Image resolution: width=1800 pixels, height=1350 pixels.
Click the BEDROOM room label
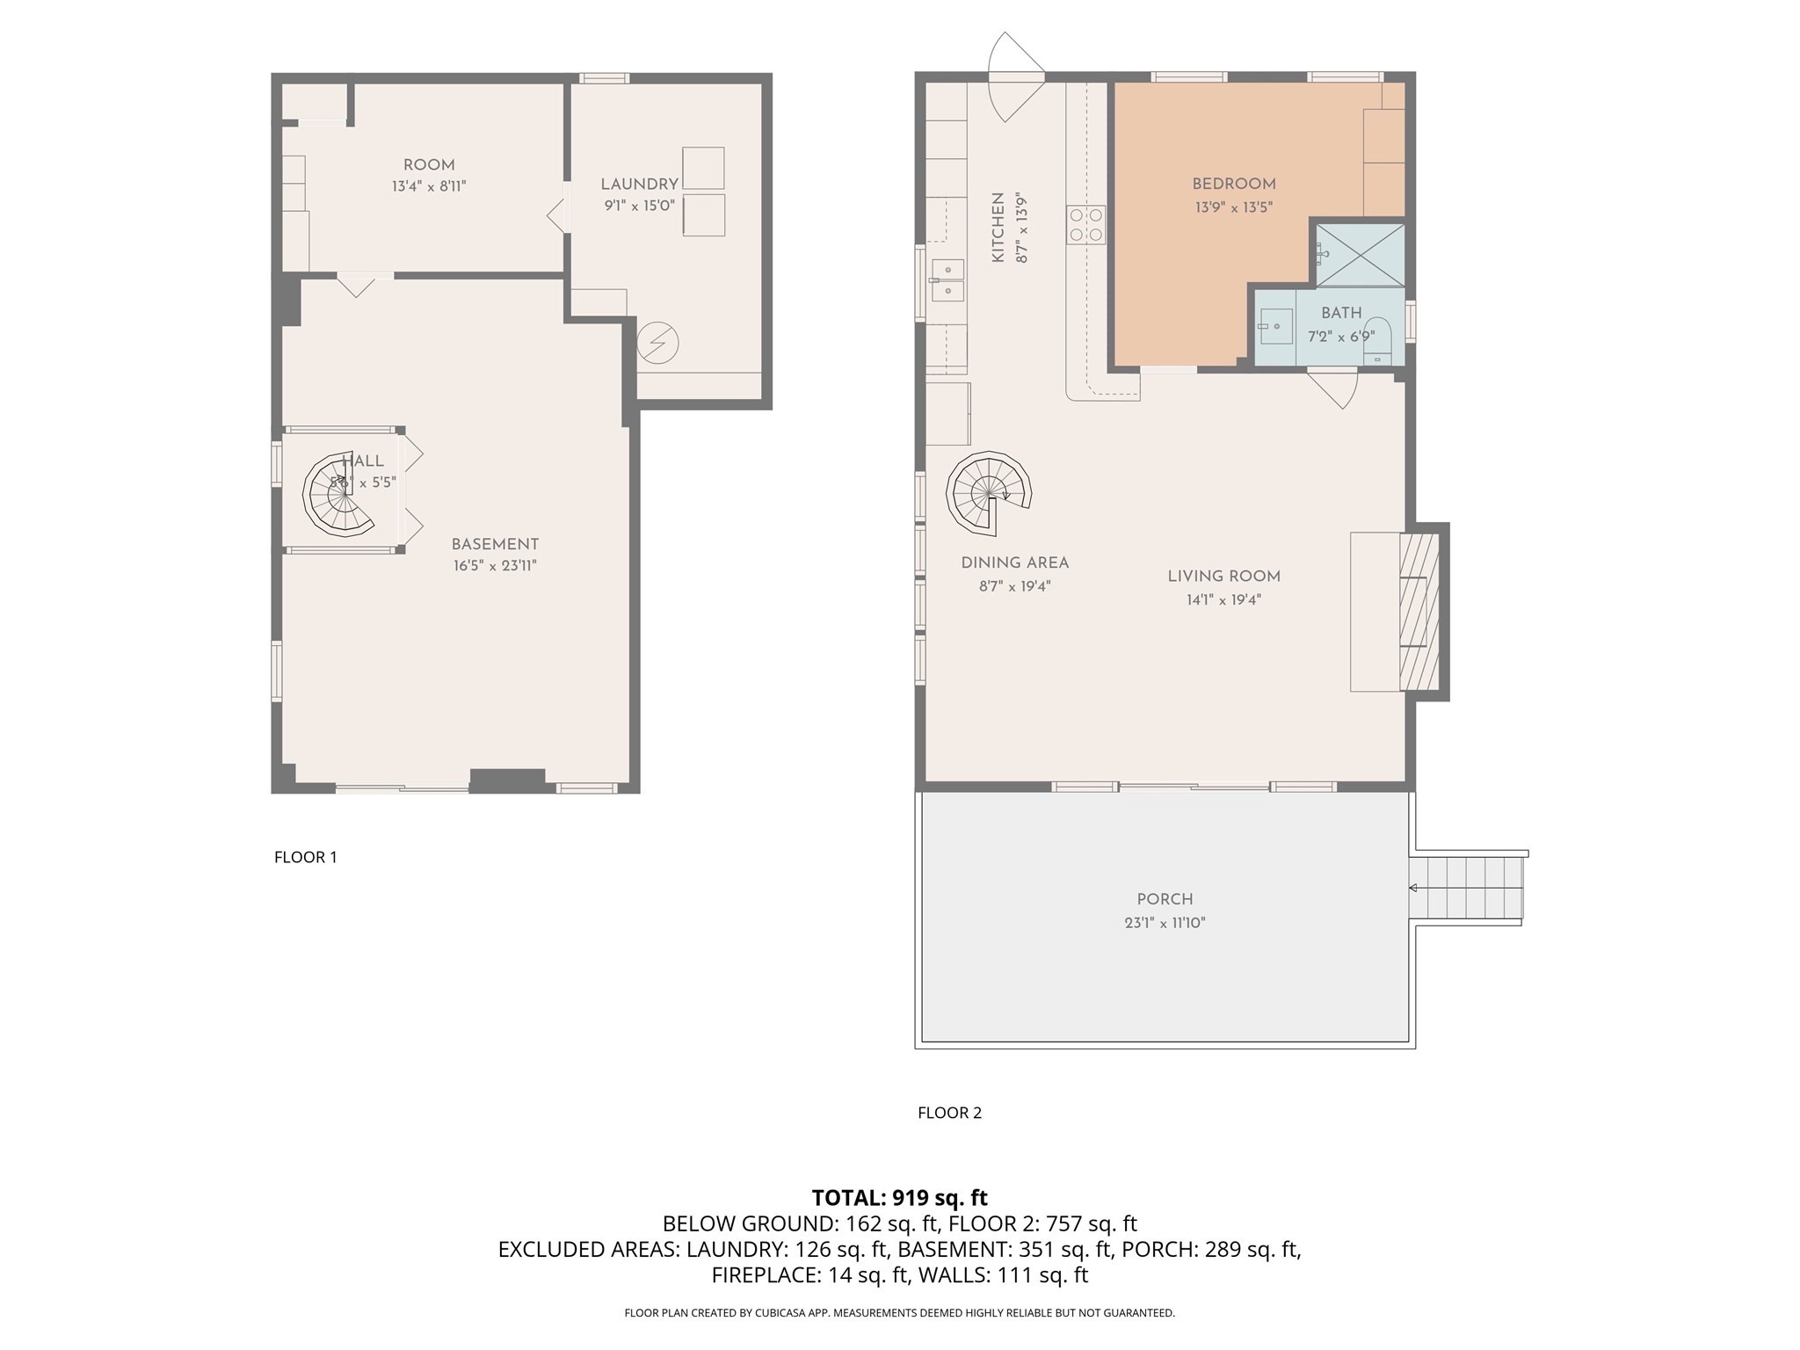click(x=1233, y=185)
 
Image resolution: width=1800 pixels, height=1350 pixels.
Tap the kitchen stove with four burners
click(x=1086, y=225)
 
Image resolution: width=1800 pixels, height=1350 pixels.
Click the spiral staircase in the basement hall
click(x=338, y=497)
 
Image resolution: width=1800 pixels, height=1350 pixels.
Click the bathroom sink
click(x=1274, y=326)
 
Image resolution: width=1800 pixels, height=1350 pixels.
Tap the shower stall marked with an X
click(x=1360, y=255)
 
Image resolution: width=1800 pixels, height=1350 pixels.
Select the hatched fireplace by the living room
click(x=1419, y=612)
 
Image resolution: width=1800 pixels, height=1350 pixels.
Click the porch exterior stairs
click(x=1468, y=888)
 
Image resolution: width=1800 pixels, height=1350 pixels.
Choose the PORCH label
click(x=1165, y=899)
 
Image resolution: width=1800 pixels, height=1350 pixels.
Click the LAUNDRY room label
click(x=639, y=185)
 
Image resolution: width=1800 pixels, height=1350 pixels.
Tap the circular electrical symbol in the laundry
click(x=657, y=343)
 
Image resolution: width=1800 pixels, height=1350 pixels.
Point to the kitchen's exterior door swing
click(x=1015, y=77)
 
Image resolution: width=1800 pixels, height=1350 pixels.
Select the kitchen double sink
click(x=947, y=279)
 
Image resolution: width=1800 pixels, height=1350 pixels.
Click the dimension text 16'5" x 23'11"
click(x=495, y=566)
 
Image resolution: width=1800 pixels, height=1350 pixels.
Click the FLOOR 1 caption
click(x=305, y=857)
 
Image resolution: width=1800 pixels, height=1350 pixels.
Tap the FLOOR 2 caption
click(x=949, y=1113)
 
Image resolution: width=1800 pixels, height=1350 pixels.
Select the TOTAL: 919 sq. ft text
click(x=899, y=1198)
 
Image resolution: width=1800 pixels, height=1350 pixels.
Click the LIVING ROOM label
click(x=1223, y=577)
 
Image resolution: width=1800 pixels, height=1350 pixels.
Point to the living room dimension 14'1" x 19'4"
click(x=1223, y=600)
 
